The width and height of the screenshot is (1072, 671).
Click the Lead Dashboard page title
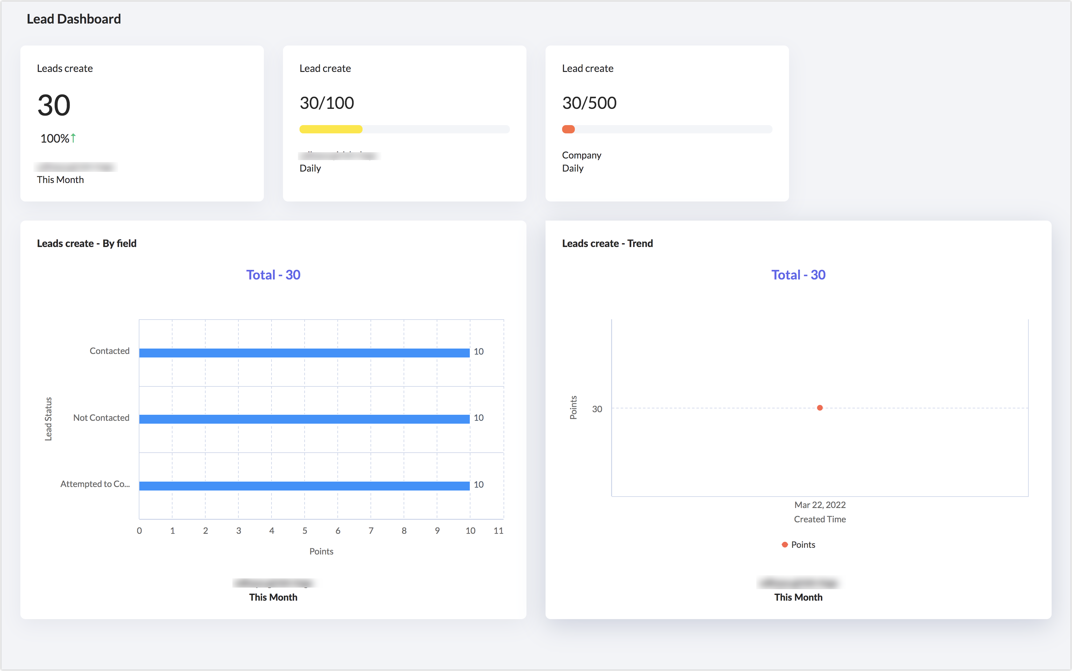click(x=74, y=19)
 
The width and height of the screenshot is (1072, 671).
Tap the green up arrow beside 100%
click(x=73, y=138)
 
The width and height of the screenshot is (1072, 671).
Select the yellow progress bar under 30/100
click(x=331, y=130)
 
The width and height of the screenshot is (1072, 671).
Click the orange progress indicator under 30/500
click(x=568, y=130)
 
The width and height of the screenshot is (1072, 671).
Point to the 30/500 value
click(x=589, y=103)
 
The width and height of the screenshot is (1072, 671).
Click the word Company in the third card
click(x=581, y=155)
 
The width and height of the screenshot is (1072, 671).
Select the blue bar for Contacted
click(x=304, y=353)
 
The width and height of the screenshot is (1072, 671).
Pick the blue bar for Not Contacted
click(x=304, y=419)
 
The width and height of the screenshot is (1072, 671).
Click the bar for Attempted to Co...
click(x=304, y=485)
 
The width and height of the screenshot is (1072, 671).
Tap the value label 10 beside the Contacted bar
click(x=478, y=351)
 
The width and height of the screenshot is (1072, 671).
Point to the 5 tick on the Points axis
click(x=305, y=531)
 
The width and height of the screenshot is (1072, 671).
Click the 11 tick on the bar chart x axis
click(x=498, y=531)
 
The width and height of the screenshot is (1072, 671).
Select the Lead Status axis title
click(x=48, y=419)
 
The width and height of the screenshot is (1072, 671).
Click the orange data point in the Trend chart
click(x=820, y=408)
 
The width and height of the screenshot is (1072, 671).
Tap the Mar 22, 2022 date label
click(x=820, y=505)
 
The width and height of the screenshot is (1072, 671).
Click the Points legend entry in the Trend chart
click(x=799, y=545)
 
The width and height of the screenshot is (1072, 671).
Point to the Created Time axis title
click(x=820, y=519)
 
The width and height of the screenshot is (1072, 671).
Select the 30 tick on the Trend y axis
click(x=597, y=409)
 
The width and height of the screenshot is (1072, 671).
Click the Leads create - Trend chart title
click(x=607, y=244)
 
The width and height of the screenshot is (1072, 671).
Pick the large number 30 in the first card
click(x=54, y=106)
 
